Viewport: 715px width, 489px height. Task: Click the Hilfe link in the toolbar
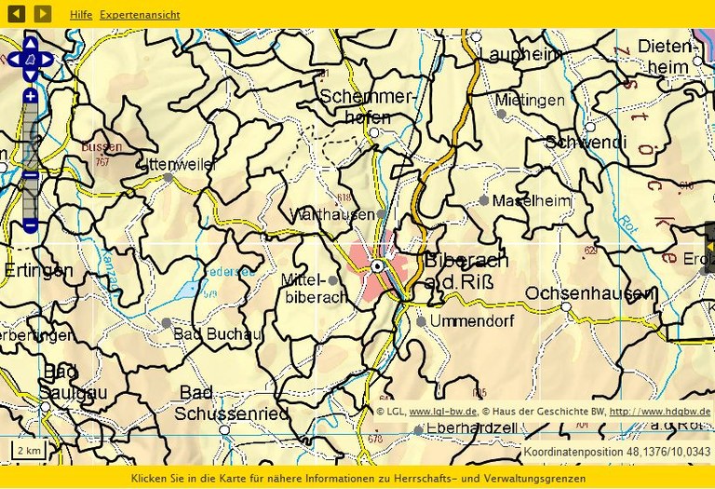81,15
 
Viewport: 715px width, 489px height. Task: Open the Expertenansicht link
140,15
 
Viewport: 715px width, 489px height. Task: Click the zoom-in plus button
31,97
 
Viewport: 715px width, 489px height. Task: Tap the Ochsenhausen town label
590,293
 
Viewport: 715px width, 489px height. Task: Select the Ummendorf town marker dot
421,321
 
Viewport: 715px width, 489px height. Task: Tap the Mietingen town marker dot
501,114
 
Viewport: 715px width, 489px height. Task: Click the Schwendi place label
586,143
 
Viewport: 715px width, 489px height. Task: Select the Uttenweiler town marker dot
169,177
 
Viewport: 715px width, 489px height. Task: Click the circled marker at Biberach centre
377,266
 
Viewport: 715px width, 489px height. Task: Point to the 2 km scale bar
29,451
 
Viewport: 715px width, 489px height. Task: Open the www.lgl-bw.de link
443,411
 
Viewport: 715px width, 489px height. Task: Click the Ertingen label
37,270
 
